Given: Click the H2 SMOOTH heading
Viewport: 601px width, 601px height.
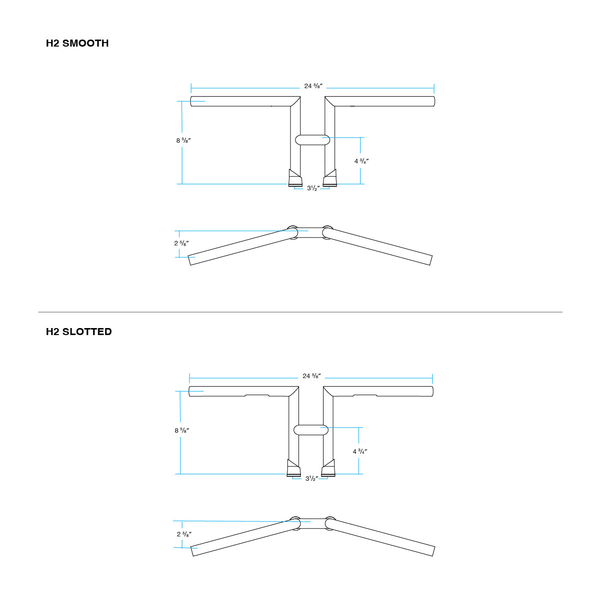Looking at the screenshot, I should pyautogui.click(x=77, y=44).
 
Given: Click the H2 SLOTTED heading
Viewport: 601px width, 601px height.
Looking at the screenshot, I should pyautogui.click(x=79, y=332).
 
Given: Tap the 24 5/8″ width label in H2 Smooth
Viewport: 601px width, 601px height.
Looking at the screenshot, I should pyautogui.click(x=313, y=86).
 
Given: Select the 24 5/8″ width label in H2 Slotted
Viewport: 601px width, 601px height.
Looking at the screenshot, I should pyautogui.click(x=312, y=376).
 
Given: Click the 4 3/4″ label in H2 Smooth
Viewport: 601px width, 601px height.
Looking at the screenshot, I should pyautogui.click(x=362, y=161).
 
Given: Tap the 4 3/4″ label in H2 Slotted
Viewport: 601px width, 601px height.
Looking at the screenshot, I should pyautogui.click(x=360, y=451).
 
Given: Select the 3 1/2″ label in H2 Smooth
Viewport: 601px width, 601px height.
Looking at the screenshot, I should pyautogui.click(x=313, y=189).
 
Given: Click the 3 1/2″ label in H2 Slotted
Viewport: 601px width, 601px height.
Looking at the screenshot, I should pyautogui.click(x=312, y=479).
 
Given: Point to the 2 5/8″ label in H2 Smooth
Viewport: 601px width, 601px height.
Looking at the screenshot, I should pyautogui.click(x=181, y=243).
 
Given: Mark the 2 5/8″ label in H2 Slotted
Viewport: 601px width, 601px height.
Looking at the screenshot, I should pyautogui.click(x=184, y=534).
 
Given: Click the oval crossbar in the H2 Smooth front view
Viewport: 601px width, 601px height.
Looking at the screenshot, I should pyautogui.click(x=312, y=140).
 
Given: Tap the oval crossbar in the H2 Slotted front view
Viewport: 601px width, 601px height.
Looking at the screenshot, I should pyautogui.click(x=311, y=430).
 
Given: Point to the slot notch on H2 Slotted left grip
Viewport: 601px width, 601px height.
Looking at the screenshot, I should pyautogui.click(x=257, y=396).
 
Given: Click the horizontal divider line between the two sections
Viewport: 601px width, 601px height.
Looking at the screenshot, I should pyautogui.click(x=300, y=312).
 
